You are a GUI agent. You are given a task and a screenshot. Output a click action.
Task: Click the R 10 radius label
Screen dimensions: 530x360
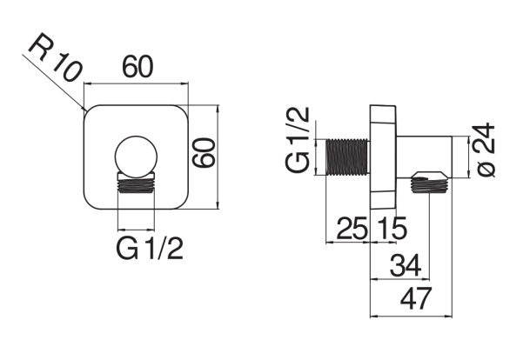click(x=56, y=57)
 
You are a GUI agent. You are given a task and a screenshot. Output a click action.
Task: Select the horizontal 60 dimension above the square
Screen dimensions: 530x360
click(x=138, y=67)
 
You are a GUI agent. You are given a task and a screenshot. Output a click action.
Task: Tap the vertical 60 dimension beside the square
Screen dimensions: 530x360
click(x=204, y=153)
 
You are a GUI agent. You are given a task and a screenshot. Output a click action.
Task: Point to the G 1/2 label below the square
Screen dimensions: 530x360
click(x=150, y=249)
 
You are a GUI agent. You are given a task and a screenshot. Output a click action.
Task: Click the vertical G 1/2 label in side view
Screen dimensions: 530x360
click(x=298, y=139)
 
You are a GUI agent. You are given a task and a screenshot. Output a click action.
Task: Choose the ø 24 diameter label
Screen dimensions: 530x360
click(x=486, y=150)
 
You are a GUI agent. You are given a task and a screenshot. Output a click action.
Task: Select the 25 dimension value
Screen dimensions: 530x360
click(x=352, y=229)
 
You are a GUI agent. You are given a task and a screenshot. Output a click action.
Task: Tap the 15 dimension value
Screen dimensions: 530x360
click(x=392, y=229)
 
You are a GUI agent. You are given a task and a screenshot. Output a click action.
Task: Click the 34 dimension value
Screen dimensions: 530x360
click(x=406, y=265)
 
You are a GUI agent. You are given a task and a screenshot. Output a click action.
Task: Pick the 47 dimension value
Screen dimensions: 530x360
click(x=416, y=298)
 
